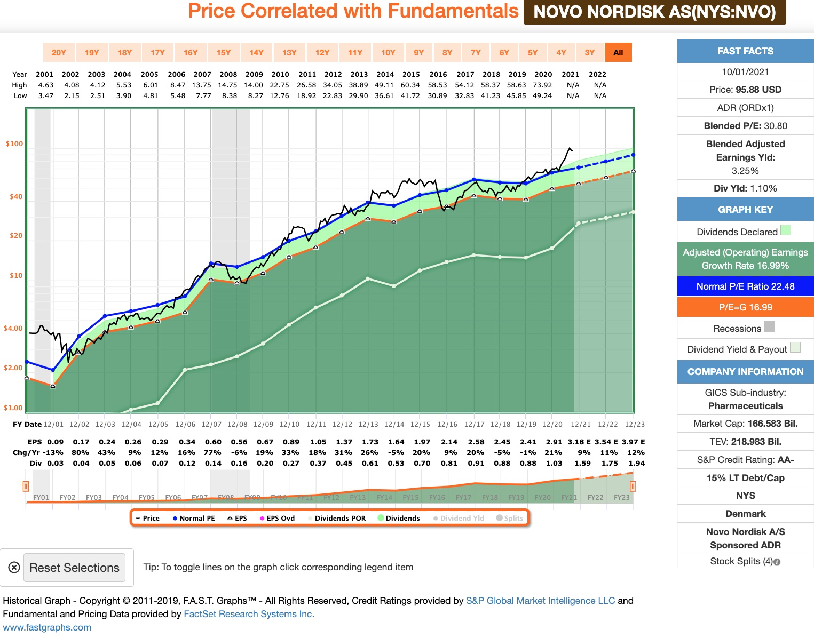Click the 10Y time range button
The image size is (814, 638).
388,52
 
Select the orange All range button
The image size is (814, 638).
618,52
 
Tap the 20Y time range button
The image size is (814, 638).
59,52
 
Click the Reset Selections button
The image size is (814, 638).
74,568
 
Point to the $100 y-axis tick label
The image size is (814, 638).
14,144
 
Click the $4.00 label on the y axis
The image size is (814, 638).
13,329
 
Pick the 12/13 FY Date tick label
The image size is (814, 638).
368,425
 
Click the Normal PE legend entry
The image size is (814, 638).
194,519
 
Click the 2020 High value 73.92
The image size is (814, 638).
542,85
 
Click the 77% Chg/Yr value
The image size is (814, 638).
212,453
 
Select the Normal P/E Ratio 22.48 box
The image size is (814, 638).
745,286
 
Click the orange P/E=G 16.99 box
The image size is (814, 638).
745,307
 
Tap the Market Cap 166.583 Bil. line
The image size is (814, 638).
745,424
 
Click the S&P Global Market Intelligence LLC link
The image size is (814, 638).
540,601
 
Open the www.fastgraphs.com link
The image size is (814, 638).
47,627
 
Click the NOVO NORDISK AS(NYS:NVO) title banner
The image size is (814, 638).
654,12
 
